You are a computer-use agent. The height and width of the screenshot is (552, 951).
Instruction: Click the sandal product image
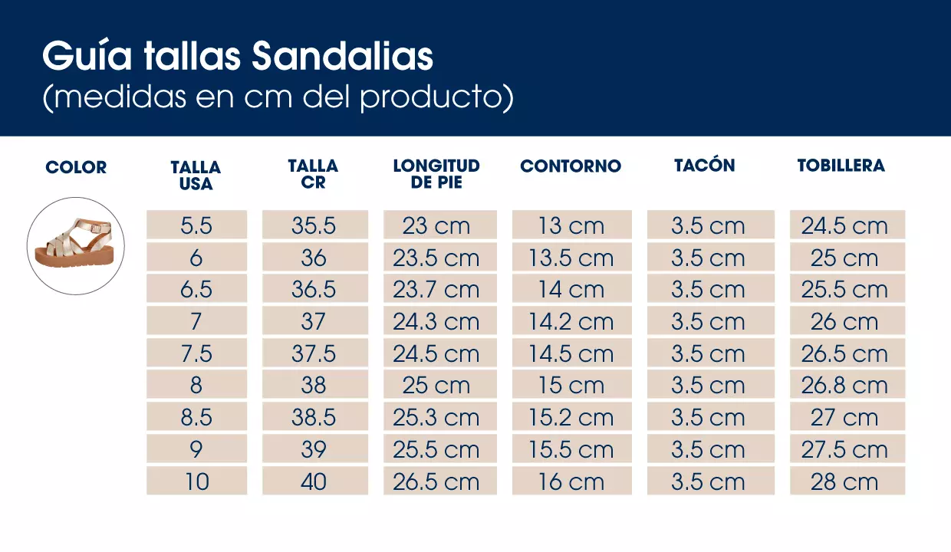tap(76, 246)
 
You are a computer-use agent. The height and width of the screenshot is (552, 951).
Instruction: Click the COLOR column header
tap(76, 167)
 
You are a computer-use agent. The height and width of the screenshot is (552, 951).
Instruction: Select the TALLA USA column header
tap(196, 176)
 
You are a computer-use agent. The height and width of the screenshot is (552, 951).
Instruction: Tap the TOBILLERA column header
tap(841, 166)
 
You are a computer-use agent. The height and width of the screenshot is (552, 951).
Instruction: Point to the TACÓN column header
tap(704, 166)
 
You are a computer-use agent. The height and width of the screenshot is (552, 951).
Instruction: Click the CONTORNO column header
tap(571, 166)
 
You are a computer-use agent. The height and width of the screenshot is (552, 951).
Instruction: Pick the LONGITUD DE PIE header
tap(436, 174)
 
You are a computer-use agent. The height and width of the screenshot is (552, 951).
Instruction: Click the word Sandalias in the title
tap(342, 57)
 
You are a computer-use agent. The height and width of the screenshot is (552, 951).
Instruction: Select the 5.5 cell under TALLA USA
tap(196, 225)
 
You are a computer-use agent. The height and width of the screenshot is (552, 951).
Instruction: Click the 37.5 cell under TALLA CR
tap(314, 353)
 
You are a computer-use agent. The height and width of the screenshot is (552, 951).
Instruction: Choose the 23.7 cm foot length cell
tap(436, 290)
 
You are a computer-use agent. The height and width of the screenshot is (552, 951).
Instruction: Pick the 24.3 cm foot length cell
tap(436, 322)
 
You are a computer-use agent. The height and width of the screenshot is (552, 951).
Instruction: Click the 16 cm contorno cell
tap(571, 481)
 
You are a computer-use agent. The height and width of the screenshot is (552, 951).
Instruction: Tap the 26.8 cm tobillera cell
tap(844, 386)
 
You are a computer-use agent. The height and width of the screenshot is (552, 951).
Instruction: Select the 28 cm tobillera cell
tap(844, 481)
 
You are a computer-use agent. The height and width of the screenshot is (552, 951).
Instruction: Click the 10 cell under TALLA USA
tap(196, 481)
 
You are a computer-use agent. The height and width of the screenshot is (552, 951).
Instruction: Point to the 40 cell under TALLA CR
tap(314, 481)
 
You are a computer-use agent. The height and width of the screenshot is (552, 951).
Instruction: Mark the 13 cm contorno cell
tap(571, 225)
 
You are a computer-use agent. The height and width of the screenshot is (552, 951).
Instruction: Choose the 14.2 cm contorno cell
tap(571, 322)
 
